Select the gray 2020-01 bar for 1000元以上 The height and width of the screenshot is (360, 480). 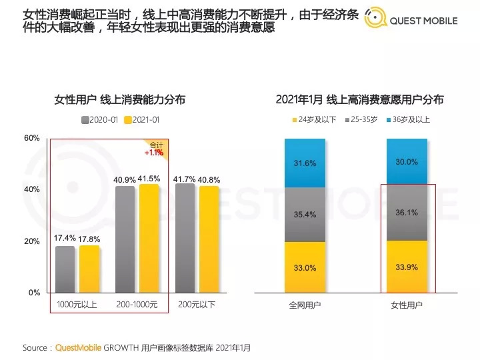coord(65,269)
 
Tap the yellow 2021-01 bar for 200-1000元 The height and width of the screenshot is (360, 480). coord(149,239)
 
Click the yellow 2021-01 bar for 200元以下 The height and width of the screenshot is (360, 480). coord(209,239)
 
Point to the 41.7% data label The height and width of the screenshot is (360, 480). coord(184,179)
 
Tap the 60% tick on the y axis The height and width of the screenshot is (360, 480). coord(32,139)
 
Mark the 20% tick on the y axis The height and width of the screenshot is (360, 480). coord(32,241)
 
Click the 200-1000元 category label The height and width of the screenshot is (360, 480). coord(137,305)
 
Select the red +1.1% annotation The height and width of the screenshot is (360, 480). coord(154,153)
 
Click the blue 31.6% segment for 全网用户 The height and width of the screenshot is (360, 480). coord(305,163)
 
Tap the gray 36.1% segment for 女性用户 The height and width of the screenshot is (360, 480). coord(407,213)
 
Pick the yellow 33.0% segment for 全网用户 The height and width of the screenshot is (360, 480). coord(305,267)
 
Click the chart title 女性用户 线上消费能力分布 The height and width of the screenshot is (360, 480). coord(119,100)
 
